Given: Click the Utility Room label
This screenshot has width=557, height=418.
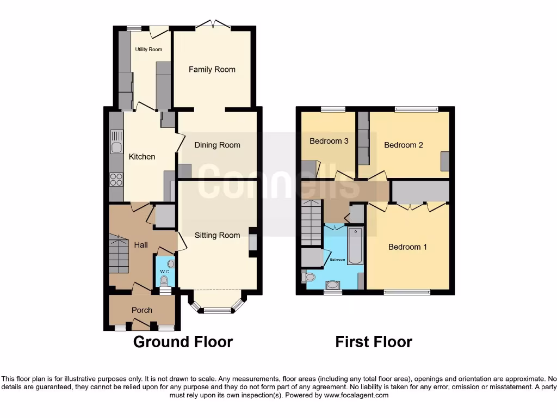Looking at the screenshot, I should tap(148, 50).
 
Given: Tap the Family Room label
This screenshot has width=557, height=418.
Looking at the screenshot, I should tap(212, 69).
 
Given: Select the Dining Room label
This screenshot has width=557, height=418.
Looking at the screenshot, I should tap(217, 145).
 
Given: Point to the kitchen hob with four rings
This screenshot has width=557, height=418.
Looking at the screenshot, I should tap(116, 179).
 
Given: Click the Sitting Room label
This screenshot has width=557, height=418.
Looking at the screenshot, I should tap(218, 235).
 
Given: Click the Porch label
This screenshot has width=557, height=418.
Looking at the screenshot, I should tap(142, 310).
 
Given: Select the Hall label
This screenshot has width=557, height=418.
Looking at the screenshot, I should tap(141, 245).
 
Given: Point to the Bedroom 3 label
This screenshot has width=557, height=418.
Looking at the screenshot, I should tap(329, 141).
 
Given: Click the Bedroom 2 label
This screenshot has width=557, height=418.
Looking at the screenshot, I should tap(403, 145).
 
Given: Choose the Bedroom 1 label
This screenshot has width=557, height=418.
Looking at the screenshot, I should tap(407, 247).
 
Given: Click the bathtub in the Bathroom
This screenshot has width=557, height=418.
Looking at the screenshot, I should tap(356, 246).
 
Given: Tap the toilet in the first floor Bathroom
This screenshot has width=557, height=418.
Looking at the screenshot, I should tap(308, 277).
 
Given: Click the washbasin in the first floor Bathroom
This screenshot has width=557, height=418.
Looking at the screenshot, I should tap(333, 284).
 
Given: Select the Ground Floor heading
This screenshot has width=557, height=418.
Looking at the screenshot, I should tap(183, 342).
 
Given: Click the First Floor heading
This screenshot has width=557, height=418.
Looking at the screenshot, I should tap(374, 342).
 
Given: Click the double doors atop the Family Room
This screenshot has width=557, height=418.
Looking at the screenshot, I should tap(213, 24).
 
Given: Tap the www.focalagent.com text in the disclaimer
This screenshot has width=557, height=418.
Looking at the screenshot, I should tap(356, 395).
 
